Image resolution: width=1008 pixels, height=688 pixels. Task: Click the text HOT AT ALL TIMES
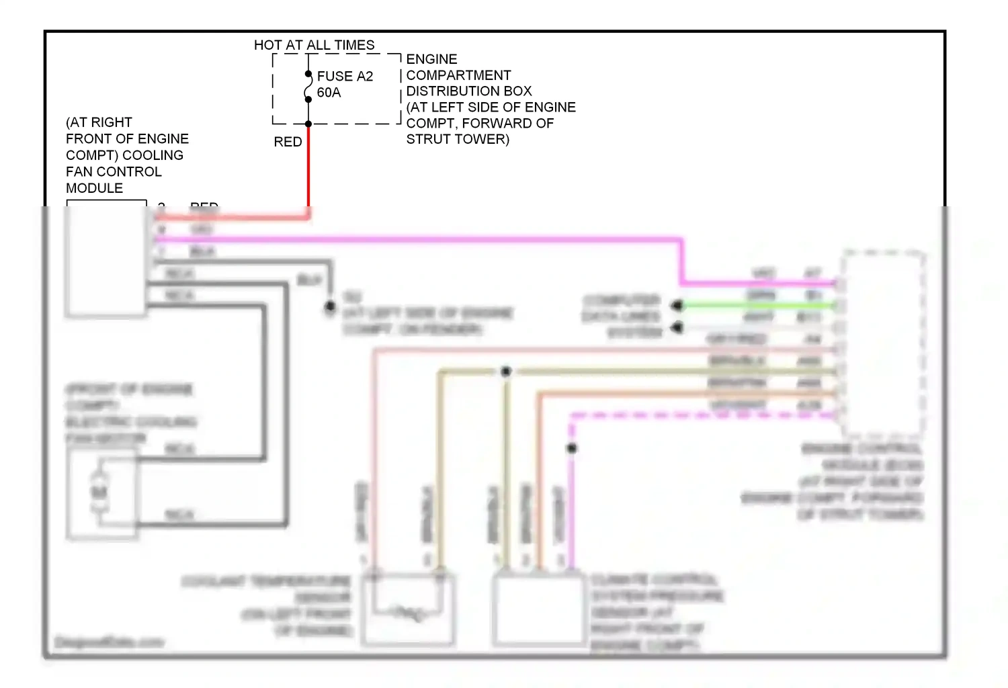click(314, 45)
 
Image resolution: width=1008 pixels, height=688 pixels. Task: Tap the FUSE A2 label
click(345, 76)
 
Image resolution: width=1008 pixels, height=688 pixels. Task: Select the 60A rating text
click(329, 93)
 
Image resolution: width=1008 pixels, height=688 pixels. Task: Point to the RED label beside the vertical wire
click(288, 142)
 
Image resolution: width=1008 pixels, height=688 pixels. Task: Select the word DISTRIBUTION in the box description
click(468, 91)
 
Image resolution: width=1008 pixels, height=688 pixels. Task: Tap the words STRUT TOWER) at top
click(458, 139)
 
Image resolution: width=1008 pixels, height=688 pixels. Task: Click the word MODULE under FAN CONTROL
click(94, 188)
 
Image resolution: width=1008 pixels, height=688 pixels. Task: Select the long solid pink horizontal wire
click(417, 239)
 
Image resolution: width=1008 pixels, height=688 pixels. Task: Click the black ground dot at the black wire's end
click(330, 307)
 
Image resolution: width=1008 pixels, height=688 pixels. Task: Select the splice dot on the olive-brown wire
click(506, 371)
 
